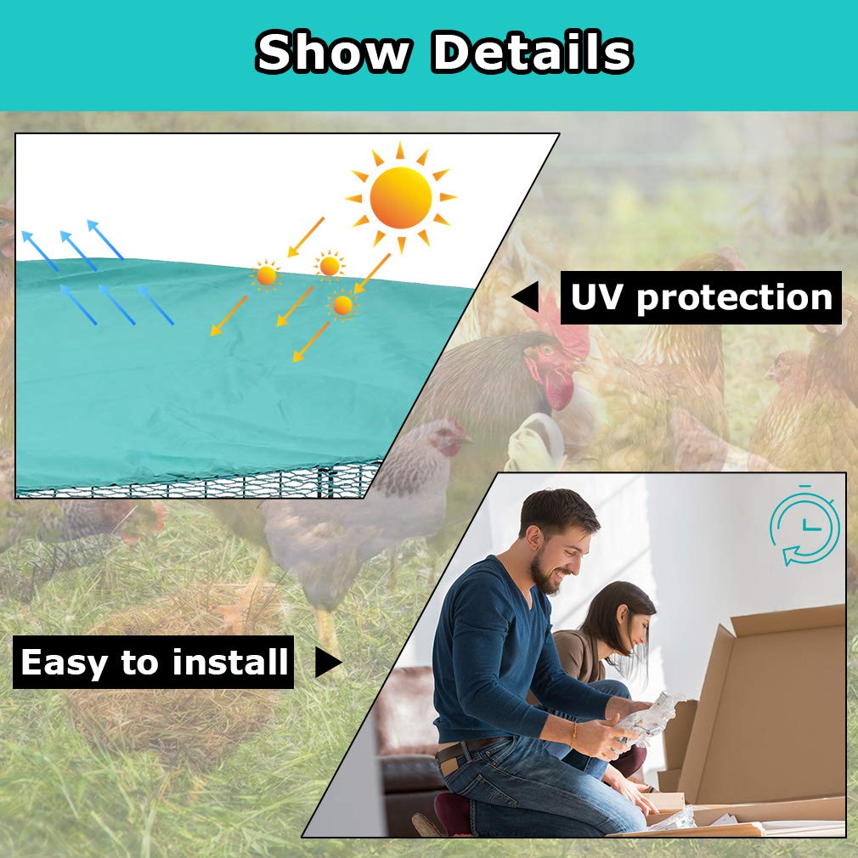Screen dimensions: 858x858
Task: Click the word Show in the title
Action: click(x=333, y=52)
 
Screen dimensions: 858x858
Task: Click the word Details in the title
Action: click(x=532, y=52)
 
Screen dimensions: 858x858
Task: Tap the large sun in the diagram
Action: click(x=401, y=197)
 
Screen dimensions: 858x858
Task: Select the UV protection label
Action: click(x=701, y=297)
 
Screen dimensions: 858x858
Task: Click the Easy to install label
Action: click(x=153, y=662)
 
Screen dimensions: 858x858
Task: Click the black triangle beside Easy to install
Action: click(x=329, y=662)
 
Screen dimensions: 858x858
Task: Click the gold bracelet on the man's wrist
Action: click(x=573, y=734)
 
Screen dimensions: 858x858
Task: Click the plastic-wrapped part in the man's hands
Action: click(x=652, y=718)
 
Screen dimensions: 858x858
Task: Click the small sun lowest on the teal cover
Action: click(x=342, y=305)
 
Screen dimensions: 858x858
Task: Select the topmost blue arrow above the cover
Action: click(x=105, y=239)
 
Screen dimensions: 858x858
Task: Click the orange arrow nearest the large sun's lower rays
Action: click(x=372, y=273)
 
